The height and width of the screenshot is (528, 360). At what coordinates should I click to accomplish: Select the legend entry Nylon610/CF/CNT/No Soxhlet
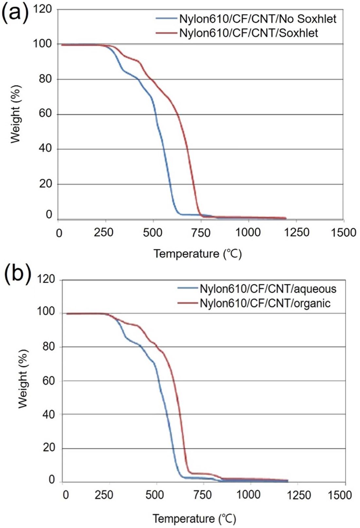pos(257,19)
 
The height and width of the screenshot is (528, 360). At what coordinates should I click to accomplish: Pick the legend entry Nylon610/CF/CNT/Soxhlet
pos(248,33)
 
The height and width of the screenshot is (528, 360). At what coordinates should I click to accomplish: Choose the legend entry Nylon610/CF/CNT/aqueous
pos(268,289)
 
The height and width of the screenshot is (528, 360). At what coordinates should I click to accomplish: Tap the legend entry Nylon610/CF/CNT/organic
pos(265,303)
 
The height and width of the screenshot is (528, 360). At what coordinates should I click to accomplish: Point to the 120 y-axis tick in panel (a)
pos(43,9)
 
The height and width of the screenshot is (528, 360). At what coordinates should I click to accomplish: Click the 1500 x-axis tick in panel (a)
pos(343,233)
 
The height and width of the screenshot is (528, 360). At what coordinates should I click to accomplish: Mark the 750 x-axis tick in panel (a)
pos(201,233)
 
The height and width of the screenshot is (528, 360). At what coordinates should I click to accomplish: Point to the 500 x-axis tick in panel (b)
pos(155,495)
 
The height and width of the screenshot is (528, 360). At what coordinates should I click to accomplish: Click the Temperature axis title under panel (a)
pos(197,254)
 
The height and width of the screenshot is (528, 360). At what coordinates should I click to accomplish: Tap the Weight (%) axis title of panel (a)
pos(15,114)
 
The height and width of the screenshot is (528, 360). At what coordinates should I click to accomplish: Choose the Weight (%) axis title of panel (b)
pos(23,379)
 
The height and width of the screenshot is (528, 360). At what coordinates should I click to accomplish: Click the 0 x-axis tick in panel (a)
pos(59,233)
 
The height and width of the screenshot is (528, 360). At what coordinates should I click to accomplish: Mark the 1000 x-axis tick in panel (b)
pos(248,495)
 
